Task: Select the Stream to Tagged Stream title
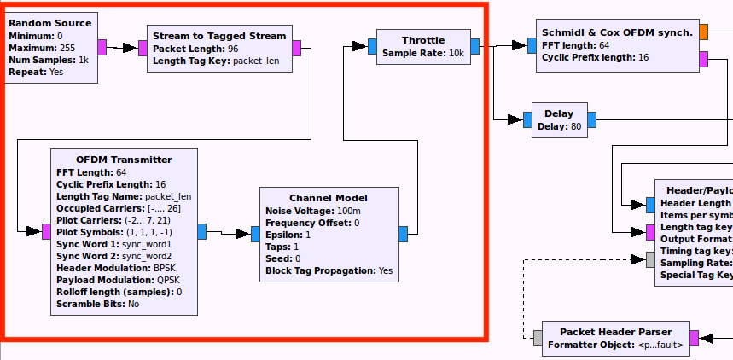[x=219, y=36]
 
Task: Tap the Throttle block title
[x=423, y=40]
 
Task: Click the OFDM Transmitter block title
[x=124, y=160]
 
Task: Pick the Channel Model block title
[x=329, y=198]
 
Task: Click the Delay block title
[x=559, y=113]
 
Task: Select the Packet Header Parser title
[x=615, y=332]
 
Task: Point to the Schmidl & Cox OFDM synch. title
[x=617, y=32]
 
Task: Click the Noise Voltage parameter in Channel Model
[x=312, y=211]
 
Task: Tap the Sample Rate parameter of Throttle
[x=423, y=53]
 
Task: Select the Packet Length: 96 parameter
[x=195, y=49]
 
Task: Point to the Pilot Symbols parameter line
[x=113, y=232]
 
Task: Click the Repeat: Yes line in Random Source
[x=36, y=73]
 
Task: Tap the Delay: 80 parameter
[x=559, y=126]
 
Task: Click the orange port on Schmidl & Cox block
[x=703, y=32]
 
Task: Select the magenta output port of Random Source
[x=102, y=46]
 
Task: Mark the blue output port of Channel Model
[x=404, y=231]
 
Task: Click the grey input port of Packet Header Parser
[x=538, y=337]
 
